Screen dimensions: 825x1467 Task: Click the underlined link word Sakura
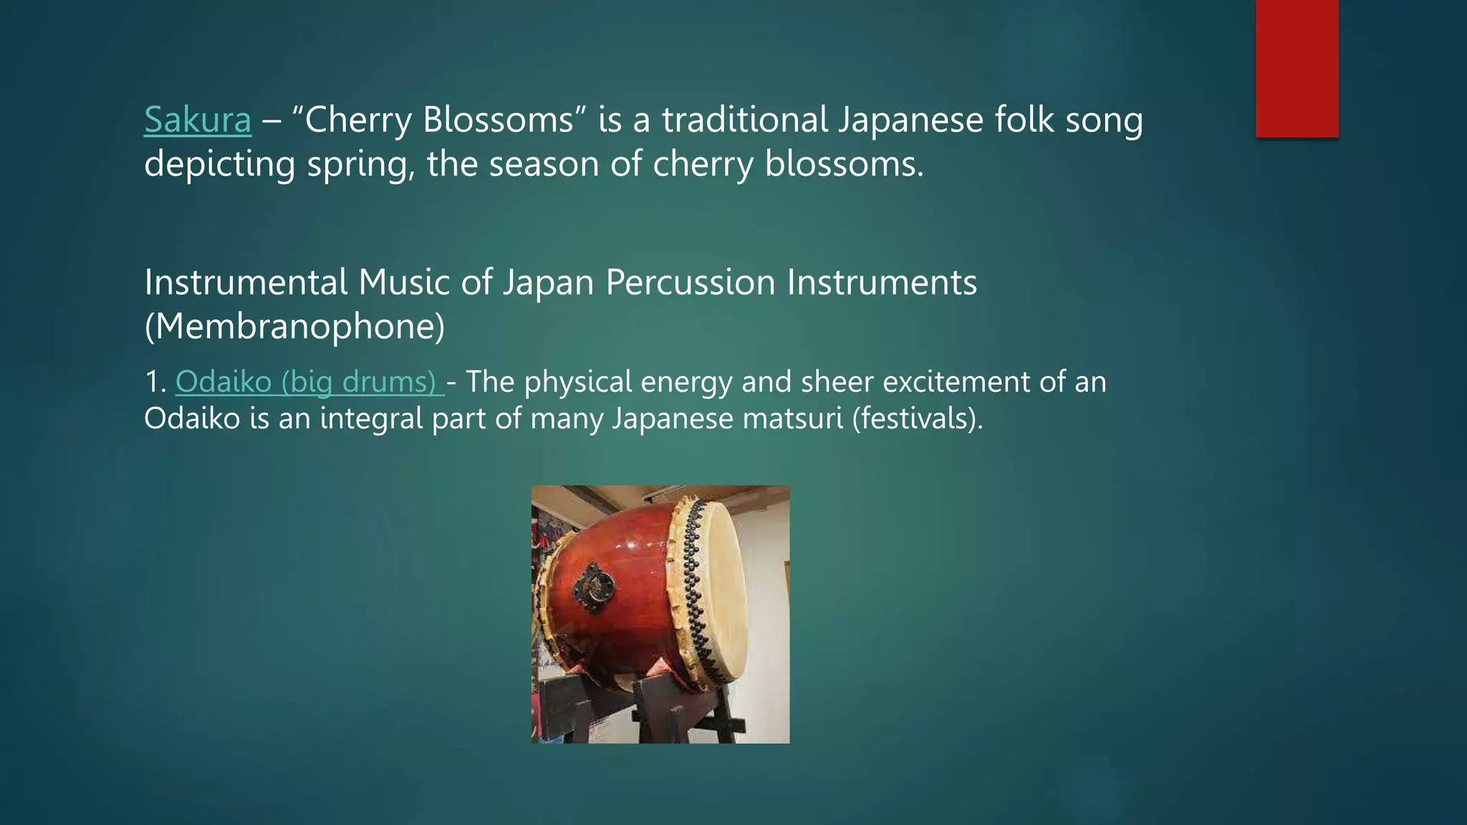(198, 119)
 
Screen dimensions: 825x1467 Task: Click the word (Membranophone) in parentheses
(294, 327)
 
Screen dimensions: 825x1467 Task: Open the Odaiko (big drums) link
(307, 382)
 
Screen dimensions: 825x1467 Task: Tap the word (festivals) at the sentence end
(917, 418)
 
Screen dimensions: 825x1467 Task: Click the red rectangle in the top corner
(1297, 68)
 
